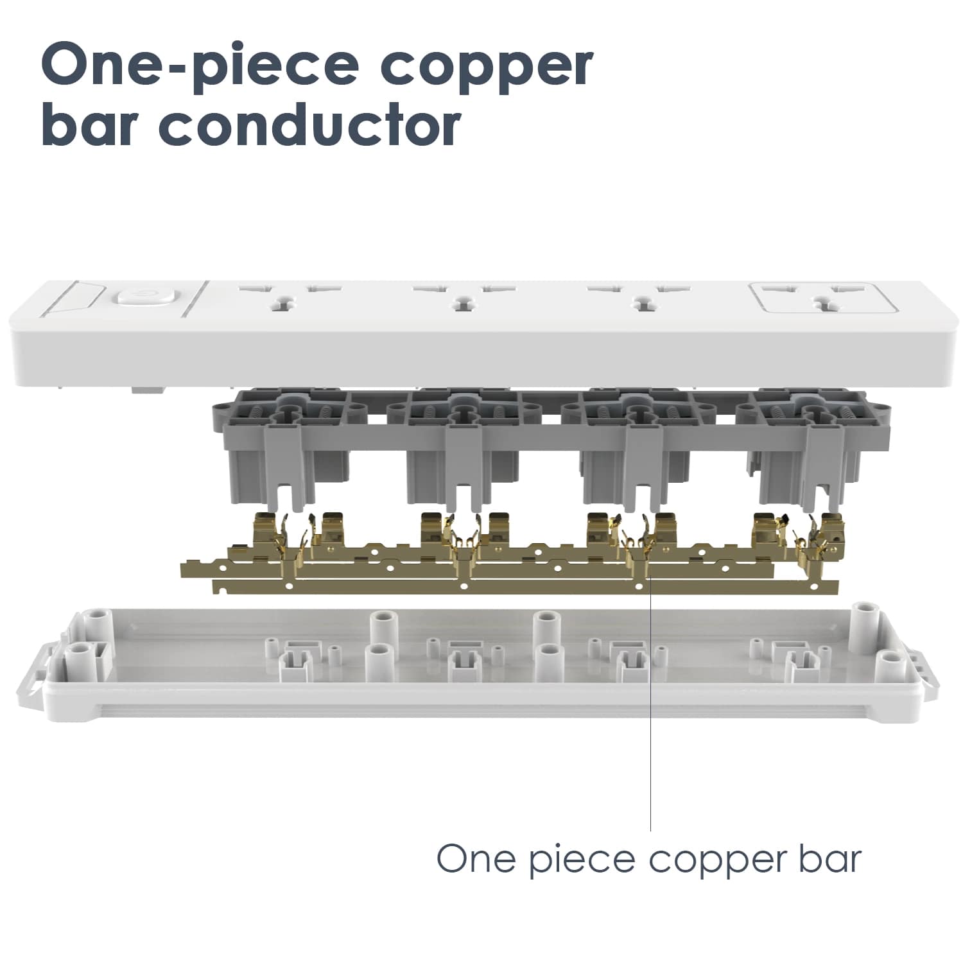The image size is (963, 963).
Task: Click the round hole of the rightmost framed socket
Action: (820, 302)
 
